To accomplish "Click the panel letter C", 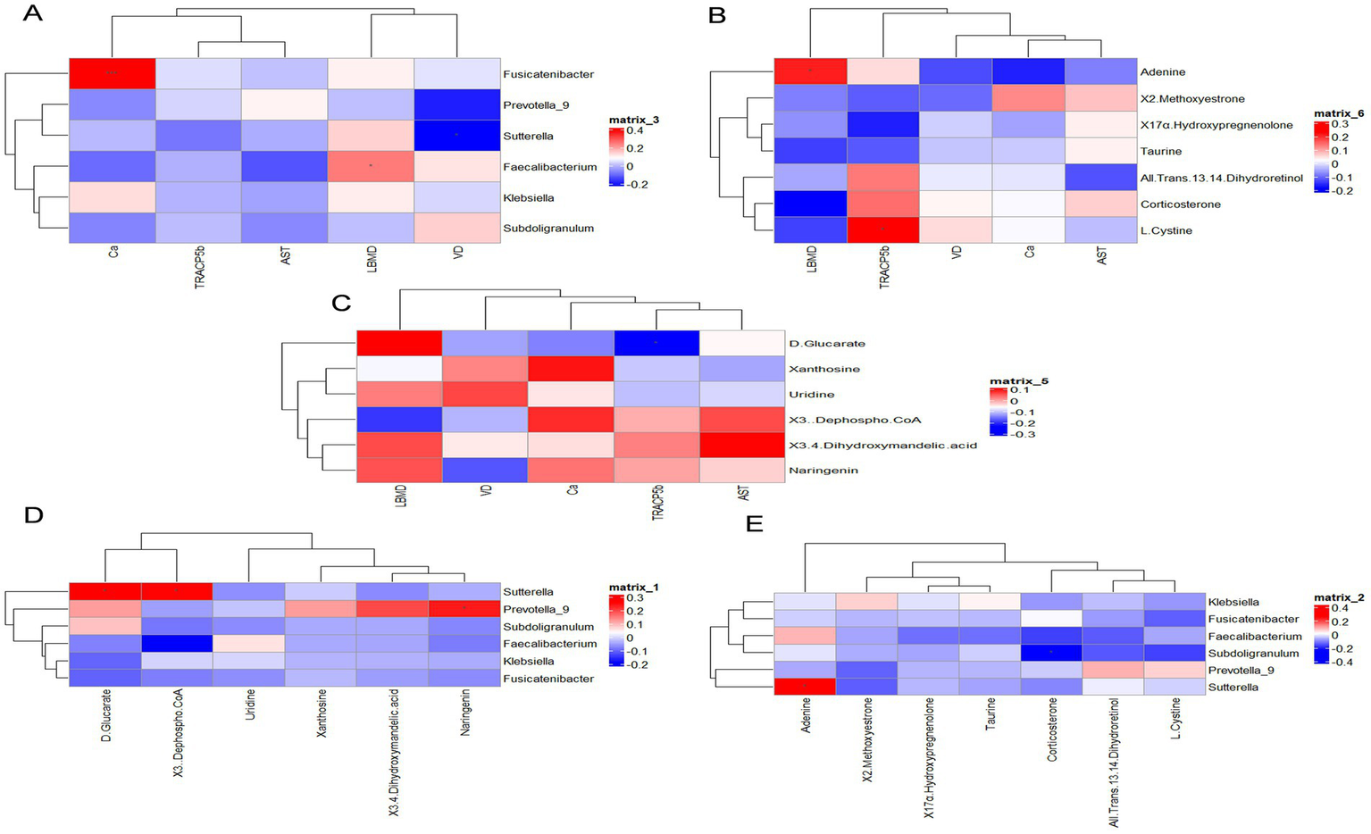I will pyautogui.click(x=341, y=302).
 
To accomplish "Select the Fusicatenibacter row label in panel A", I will pyautogui.click(x=548, y=74).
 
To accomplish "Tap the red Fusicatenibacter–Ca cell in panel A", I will pyautogui.click(x=113, y=73).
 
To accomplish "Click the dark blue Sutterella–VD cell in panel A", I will pyautogui.click(x=456, y=135).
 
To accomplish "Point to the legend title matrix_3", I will pyautogui.click(x=633, y=119).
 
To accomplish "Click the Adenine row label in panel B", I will pyautogui.click(x=1162, y=71).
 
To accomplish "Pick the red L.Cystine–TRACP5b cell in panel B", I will pyautogui.click(x=883, y=229).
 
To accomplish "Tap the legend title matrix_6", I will pyautogui.click(x=1337, y=113).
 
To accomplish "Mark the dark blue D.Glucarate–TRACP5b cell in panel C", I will pyautogui.click(x=656, y=343).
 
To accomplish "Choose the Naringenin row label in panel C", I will pyautogui.click(x=823, y=470).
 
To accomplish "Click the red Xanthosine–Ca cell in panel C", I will pyautogui.click(x=572, y=368).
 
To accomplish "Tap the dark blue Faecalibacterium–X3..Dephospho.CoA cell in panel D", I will pyautogui.click(x=177, y=643).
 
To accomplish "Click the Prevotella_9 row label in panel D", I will pyautogui.click(x=536, y=609).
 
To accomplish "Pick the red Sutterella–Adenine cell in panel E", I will pyautogui.click(x=805, y=687).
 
